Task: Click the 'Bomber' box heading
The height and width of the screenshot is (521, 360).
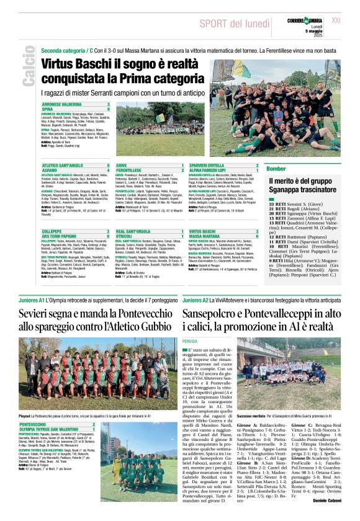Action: tap(276, 169)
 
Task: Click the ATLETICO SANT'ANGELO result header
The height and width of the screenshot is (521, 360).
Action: tap(70, 166)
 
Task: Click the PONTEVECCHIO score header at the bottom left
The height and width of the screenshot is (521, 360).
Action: tap(58, 424)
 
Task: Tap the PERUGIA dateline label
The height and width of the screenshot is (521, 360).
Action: tap(190, 341)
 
